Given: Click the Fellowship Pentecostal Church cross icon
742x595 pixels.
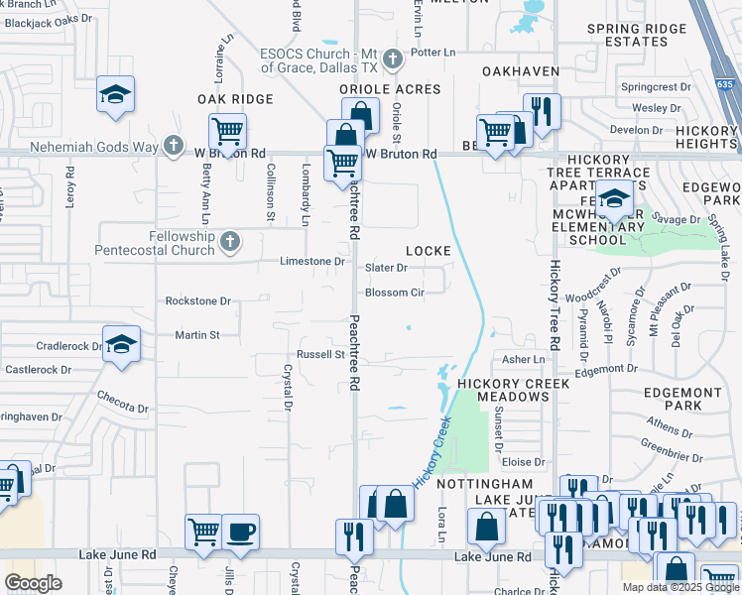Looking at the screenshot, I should point(230,240).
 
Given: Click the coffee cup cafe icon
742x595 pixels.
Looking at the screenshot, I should point(240,531).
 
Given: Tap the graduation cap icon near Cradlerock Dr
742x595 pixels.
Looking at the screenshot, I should point(120,344).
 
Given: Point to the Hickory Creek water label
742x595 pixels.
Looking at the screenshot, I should point(434,450).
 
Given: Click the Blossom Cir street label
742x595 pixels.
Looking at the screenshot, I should point(395,293).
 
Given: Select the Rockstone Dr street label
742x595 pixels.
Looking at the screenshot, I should point(197,300).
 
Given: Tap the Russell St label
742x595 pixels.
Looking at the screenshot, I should point(320,354).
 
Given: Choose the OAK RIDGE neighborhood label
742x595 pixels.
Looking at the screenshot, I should point(234,99).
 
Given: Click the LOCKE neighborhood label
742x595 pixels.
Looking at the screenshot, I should point(428,252).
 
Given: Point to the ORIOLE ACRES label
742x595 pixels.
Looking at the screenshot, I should point(390,89).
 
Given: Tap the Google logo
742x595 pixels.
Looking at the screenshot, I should point(34,583).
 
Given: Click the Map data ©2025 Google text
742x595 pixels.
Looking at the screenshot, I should point(680,587).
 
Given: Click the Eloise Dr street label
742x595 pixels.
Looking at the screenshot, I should point(524,462).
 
